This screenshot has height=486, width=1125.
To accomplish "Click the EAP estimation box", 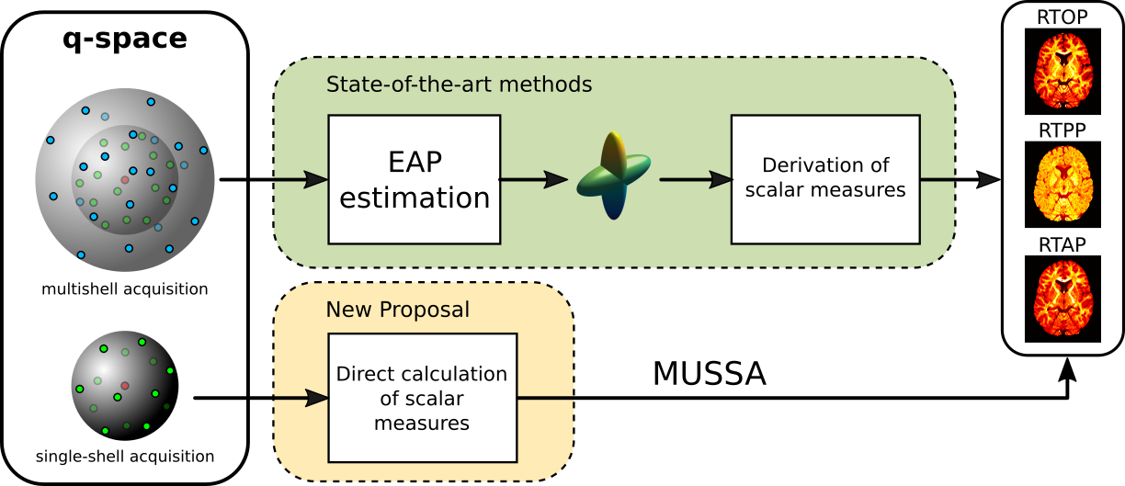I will coord(414,179).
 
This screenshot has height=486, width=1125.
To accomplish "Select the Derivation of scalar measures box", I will coord(824,179).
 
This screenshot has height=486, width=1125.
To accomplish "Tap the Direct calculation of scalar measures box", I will coord(422,398).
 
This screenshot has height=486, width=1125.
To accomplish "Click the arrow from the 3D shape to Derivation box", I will coord(695,179).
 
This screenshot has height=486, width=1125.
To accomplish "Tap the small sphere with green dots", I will coord(122,383).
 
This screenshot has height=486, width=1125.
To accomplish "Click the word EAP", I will coord(414,163).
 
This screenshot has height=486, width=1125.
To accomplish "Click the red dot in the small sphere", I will coord(125,385).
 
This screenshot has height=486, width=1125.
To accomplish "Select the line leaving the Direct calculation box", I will coord(545,398).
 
